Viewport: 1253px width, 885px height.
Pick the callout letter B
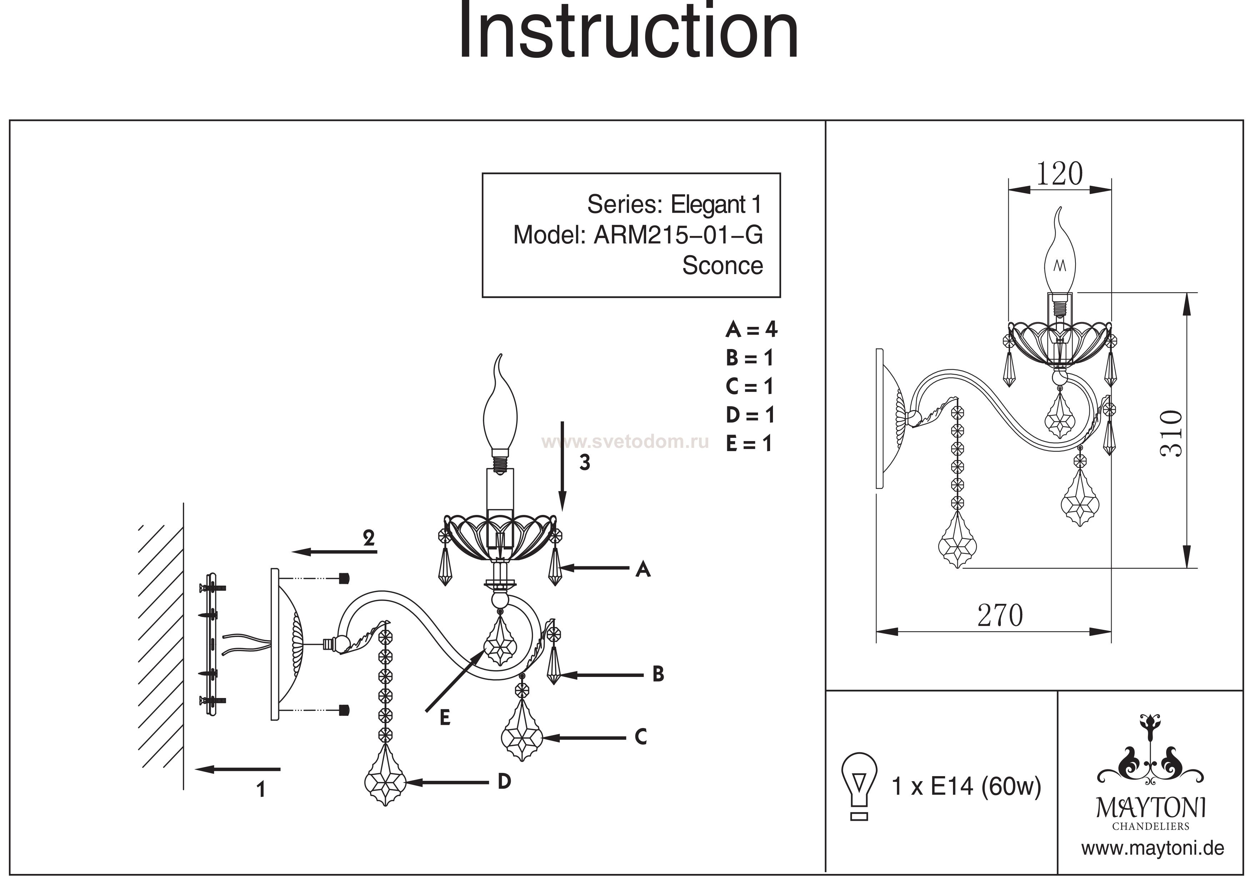point(658,674)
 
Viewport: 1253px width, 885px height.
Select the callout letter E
point(445,718)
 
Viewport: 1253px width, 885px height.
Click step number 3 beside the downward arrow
point(584,462)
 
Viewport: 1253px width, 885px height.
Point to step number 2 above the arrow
point(369,538)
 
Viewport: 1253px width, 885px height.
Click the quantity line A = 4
point(751,329)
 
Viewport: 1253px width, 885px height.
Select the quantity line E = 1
point(749,444)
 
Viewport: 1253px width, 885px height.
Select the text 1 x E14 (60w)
point(966,787)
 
